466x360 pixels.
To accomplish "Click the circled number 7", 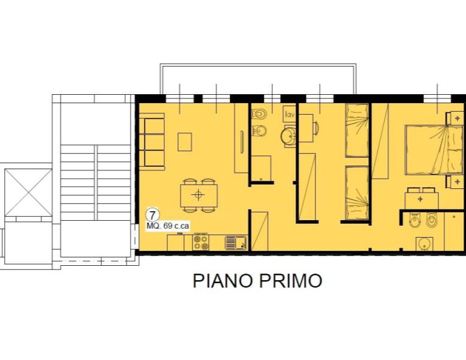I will (x=153, y=215).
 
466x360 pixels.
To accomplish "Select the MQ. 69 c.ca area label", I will (x=168, y=226).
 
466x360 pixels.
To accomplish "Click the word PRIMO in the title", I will (x=294, y=281).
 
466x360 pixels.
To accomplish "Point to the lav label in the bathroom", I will (x=289, y=113).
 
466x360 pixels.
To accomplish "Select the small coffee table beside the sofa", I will (x=185, y=142).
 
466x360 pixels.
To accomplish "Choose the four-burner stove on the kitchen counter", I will (x=201, y=242).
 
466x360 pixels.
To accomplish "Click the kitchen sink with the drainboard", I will (x=236, y=242).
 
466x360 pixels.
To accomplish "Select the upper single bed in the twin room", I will (x=357, y=130).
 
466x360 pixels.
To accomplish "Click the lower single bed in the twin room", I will (x=357, y=193).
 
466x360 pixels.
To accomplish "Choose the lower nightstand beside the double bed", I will (x=456, y=181).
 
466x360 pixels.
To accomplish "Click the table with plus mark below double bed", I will (x=421, y=198).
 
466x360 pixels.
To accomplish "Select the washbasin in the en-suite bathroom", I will (x=424, y=244).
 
